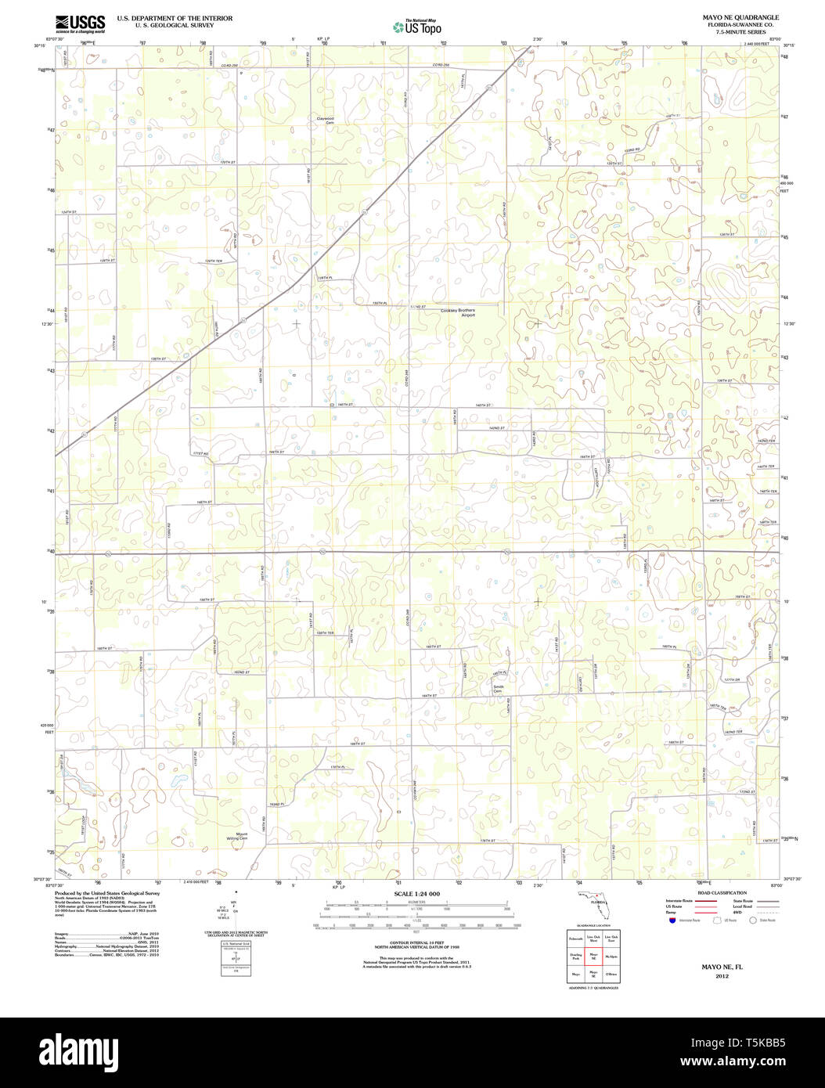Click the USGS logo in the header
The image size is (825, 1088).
pyautogui.click(x=81, y=23)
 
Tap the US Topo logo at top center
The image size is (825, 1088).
pyautogui.click(x=417, y=27)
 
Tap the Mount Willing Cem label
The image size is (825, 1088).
pyautogui.click(x=236, y=837)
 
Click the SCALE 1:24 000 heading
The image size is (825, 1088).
pyautogui.click(x=417, y=894)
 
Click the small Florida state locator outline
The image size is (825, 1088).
pyautogui.click(x=599, y=902)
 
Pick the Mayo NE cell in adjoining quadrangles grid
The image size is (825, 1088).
pyautogui.click(x=594, y=957)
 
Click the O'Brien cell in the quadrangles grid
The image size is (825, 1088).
pyautogui.click(x=611, y=975)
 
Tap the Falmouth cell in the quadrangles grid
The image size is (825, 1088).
pyautogui.click(x=576, y=938)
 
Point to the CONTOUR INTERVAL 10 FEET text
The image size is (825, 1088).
pyautogui.click(x=416, y=942)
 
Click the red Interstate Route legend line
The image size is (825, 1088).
pyautogui.click(x=707, y=901)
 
